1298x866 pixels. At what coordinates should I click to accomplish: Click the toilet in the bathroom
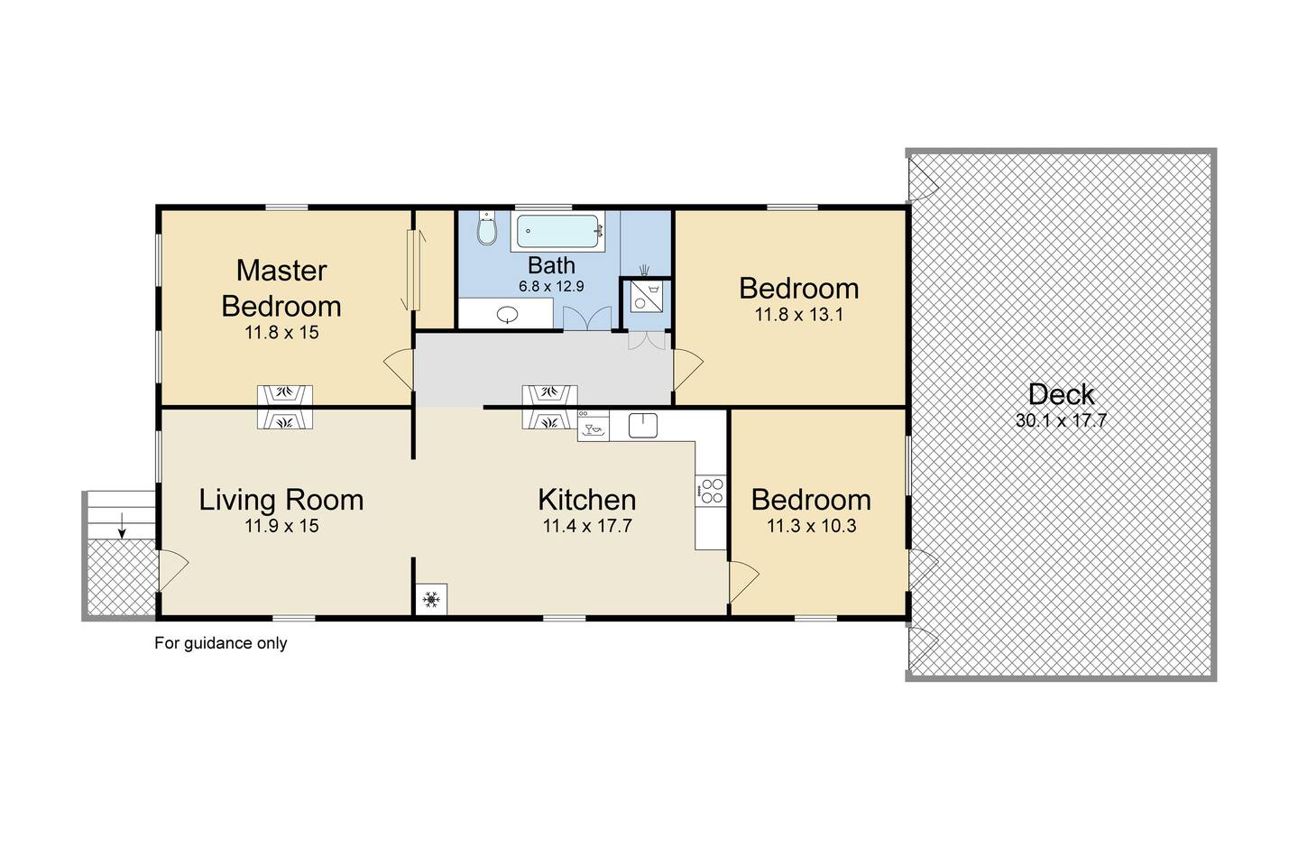pyautogui.click(x=487, y=228)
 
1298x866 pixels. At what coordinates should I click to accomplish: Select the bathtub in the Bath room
pyautogui.click(x=557, y=232)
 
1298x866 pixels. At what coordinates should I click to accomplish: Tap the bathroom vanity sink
pyautogui.click(x=508, y=314)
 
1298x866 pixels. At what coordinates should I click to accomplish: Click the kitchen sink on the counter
pyautogui.click(x=643, y=425)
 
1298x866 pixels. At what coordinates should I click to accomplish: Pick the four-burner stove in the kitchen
pyautogui.click(x=711, y=491)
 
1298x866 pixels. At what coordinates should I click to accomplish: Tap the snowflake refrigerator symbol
pyautogui.click(x=431, y=599)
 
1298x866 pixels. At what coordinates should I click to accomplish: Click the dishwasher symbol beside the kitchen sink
pyautogui.click(x=594, y=426)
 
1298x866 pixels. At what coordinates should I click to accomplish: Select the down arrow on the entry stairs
pyautogui.click(x=122, y=525)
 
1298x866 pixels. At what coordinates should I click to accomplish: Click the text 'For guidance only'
pyautogui.click(x=221, y=643)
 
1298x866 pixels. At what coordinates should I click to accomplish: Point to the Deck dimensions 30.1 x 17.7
pyautogui.click(x=1061, y=420)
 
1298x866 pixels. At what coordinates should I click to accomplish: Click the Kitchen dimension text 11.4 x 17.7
pyautogui.click(x=587, y=526)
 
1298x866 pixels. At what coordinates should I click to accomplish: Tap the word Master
pyautogui.click(x=281, y=271)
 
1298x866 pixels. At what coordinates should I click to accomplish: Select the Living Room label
pyautogui.click(x=281, y=500)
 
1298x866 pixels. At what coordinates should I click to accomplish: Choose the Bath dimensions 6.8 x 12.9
pyautogui.click(x=551, y=286)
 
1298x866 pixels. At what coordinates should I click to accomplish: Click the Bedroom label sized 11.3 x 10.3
pyautogui.click(x=811, y=500)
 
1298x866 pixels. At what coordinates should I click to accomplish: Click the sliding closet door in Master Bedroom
pyautogui.click(x=412, y=270)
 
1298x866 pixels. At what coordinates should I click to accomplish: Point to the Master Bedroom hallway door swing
pyautogui.click(x=399, y=369)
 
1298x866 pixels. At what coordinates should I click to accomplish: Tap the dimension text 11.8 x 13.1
pyautogui.click(x=798, y=315)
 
